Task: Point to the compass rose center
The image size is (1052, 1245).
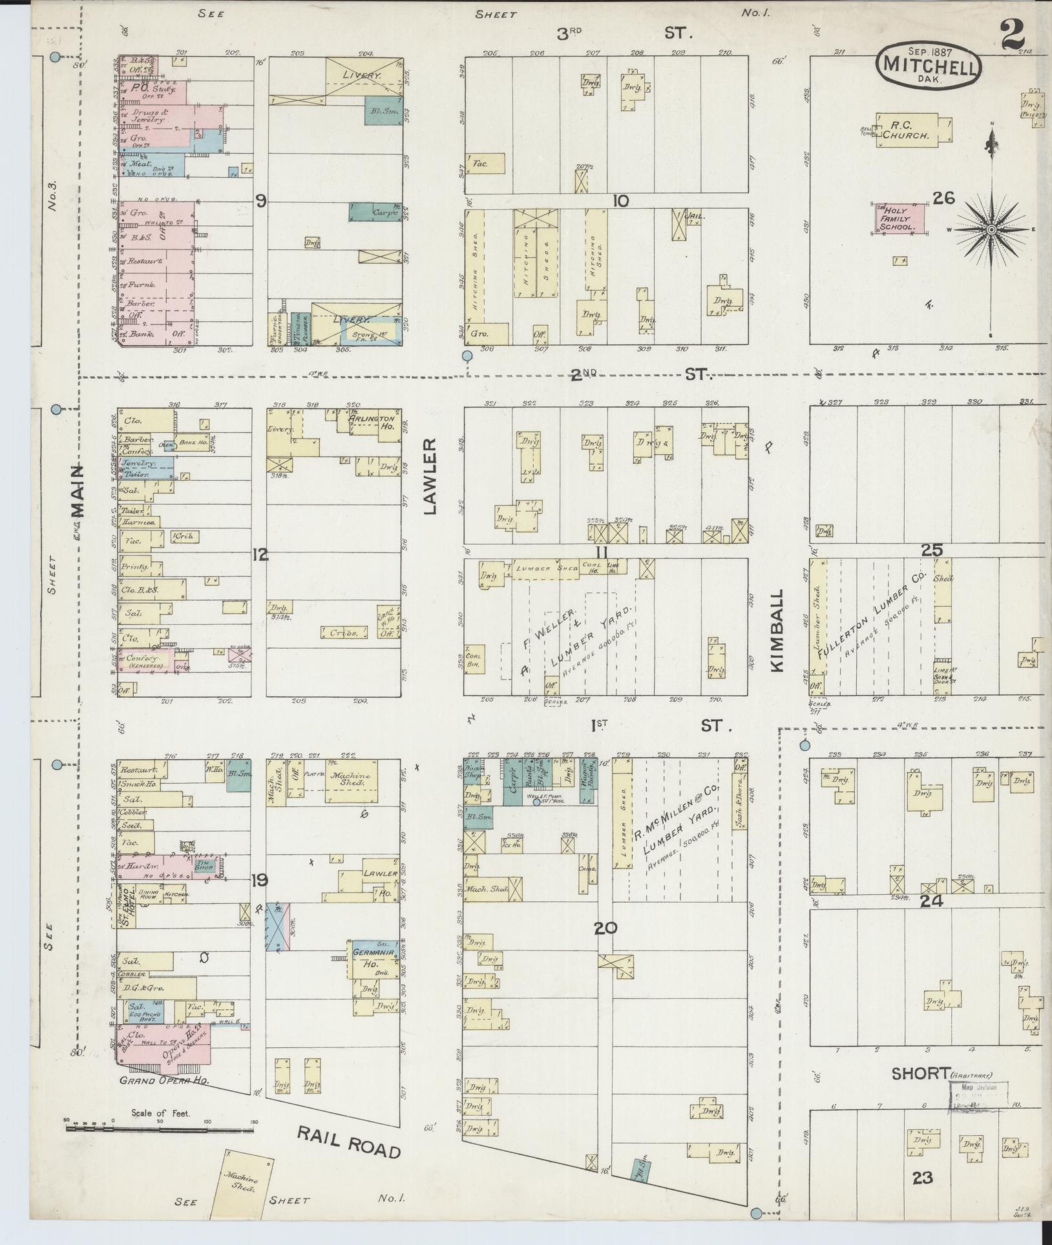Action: coord(991,229)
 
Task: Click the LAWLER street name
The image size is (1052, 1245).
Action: coord(430,476)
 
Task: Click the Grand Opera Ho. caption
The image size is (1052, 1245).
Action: coord(161,1080)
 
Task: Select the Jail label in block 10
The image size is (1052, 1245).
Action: coord(695,216)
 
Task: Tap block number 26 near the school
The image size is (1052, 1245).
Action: coord(943,198)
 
